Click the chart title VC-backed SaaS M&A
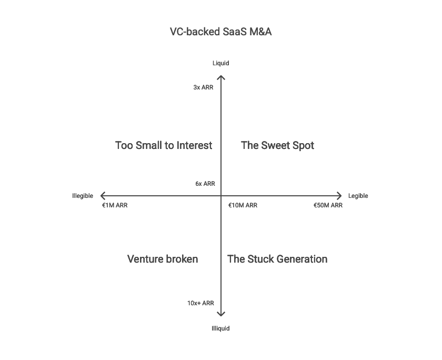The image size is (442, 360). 220,32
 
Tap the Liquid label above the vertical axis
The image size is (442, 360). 221,63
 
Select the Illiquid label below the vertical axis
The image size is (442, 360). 221,328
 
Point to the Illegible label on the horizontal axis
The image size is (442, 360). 83,196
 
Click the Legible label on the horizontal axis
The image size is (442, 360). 358,196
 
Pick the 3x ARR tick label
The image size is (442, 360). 204,87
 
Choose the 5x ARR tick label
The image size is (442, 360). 205,184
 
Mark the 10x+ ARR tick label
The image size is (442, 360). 200,303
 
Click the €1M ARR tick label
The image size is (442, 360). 115,205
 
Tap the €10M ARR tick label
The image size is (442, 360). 243,205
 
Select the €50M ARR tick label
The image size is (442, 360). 328,205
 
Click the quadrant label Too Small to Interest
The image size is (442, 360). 164,145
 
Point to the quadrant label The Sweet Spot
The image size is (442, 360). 277,145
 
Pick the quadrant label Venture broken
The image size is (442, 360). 163,259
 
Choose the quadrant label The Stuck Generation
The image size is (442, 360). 277,259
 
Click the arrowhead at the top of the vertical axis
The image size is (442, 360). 221,77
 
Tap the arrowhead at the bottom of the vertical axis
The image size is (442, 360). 221,315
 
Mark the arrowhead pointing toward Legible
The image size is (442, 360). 340,196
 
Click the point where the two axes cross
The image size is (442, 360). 221,196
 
